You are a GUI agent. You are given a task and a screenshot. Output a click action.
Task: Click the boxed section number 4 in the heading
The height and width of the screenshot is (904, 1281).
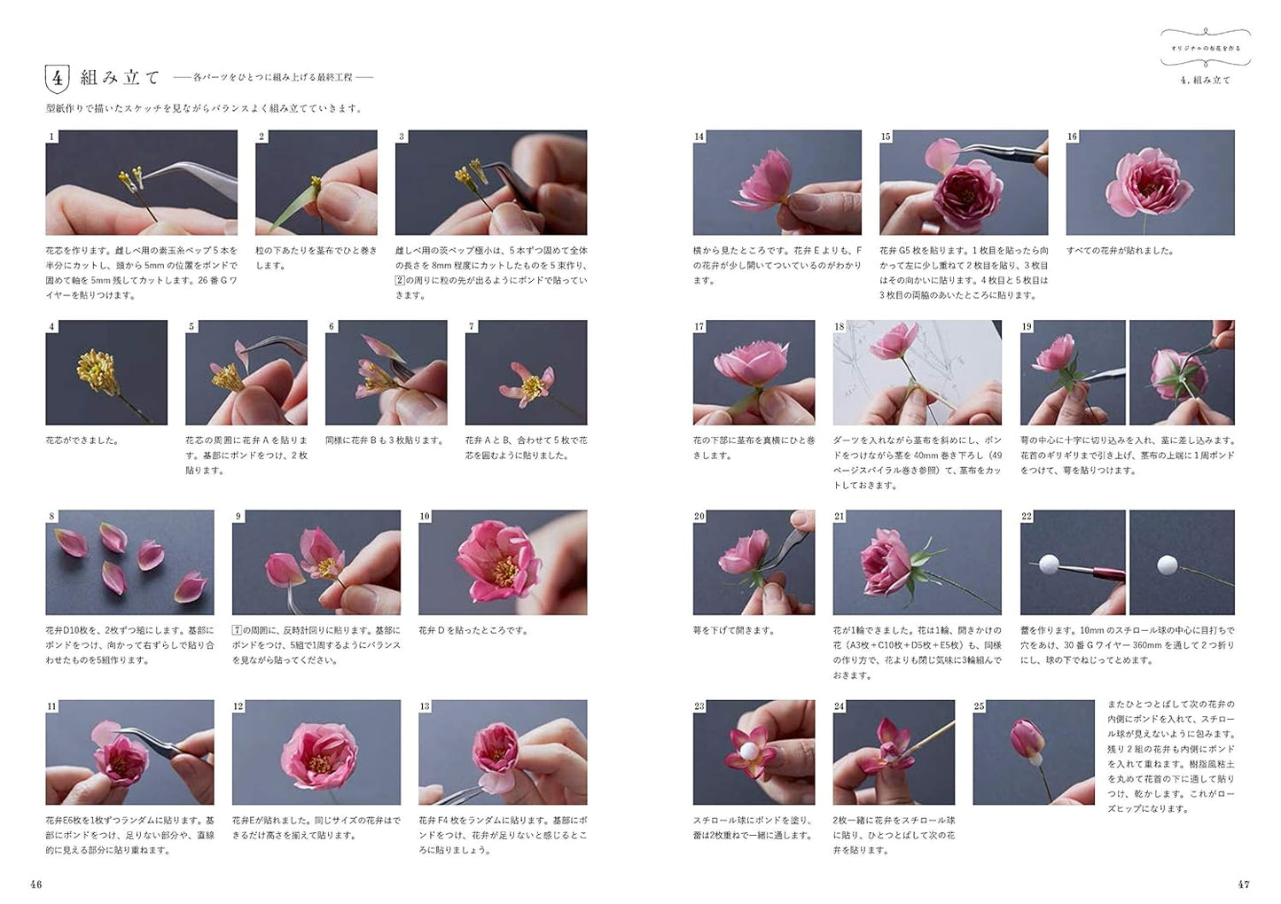click(57, 78)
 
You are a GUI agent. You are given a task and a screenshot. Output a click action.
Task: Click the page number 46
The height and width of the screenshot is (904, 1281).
click(35, 884)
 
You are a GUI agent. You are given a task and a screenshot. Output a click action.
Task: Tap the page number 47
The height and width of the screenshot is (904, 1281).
click(1244, 884)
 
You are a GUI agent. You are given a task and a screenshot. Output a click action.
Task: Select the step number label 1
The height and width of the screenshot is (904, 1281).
click(51, 136)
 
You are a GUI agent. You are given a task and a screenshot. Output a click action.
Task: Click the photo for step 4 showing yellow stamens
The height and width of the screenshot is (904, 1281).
click(106, 373)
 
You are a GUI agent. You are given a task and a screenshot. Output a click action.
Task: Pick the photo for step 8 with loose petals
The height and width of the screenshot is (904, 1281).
click(129, 563)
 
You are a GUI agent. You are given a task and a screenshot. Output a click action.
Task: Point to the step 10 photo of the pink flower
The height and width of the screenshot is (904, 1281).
click(503, 563)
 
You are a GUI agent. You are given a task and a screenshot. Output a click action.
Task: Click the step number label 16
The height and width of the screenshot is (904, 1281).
click(1073, 136)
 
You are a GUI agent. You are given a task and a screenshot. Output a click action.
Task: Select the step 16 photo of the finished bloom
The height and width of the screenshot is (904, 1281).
click(1150, 183)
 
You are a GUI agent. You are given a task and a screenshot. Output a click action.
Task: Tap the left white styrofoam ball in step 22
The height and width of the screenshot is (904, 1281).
click(1051, 563)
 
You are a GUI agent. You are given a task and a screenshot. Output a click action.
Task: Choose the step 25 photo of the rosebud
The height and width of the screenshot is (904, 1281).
click(1033, 752)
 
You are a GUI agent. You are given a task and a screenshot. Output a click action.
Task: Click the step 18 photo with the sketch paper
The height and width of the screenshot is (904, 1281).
click(917, 373)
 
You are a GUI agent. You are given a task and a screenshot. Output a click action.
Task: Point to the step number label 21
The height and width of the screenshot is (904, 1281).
click(840, 517)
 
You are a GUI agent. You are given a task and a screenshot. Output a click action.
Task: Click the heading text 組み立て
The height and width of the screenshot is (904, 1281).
click(120, 78)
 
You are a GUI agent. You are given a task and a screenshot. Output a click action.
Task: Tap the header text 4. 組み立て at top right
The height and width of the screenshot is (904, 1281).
click(1206, 80)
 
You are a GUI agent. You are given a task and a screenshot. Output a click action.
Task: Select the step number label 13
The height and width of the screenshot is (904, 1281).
click(425, 706)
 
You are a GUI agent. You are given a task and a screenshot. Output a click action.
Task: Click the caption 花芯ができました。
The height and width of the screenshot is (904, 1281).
click(82, 440)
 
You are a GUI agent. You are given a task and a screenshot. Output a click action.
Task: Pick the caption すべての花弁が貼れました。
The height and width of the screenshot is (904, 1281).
click(1121, 251)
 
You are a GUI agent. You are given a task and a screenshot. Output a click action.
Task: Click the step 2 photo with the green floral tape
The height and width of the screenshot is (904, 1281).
click(316, 183)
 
